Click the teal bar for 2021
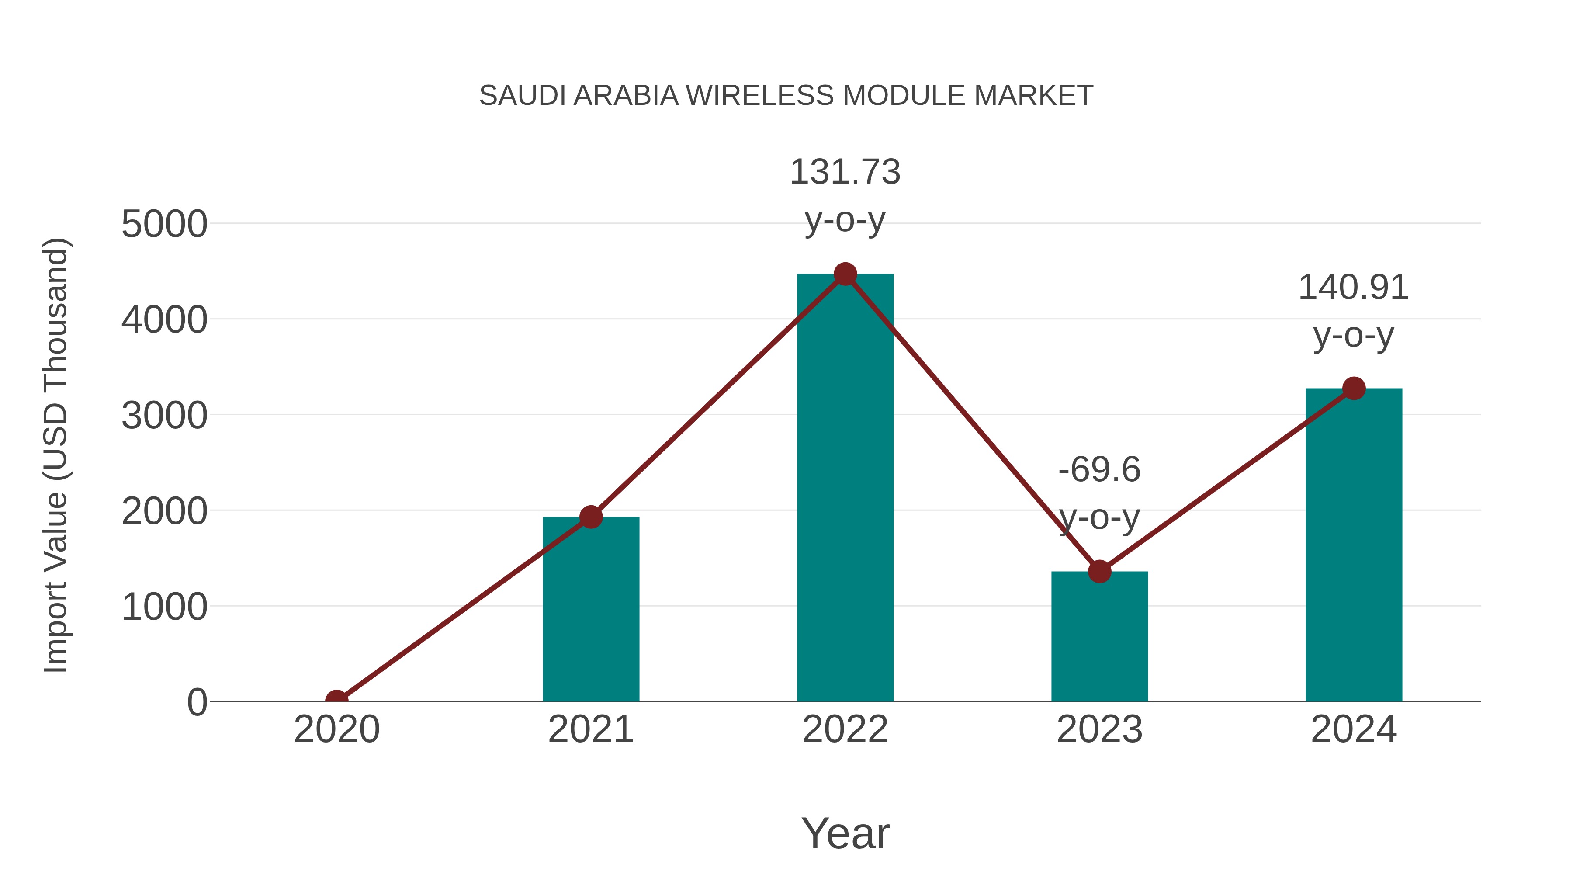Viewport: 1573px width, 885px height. tap(590, 611)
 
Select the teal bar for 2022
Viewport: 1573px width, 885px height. tap(845, 489)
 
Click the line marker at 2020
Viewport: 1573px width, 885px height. tap(336, 700)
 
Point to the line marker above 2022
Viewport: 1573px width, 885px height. tap(845, 274)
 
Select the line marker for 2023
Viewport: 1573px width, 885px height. tap(1099, 572)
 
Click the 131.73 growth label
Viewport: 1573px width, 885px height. tap(845, 172)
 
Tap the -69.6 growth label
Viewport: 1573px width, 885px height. tap(1099, 470)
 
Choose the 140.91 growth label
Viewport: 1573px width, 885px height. tap(1353, 288)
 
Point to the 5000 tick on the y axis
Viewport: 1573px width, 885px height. tap(164, 224)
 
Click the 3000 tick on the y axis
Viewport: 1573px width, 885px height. tap(164, 416)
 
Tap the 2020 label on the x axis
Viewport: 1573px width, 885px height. tap(336, 729)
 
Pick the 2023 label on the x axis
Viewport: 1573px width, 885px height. tap(1099, 729)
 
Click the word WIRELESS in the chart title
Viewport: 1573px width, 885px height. tap(761, 96)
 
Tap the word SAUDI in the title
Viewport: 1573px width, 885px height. tap(523, 96)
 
